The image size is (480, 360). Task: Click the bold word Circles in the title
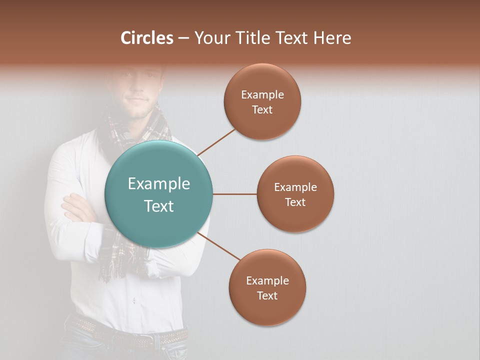pos(147,38)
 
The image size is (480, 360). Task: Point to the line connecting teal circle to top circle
pos(216,142)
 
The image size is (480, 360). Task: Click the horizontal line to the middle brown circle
pos(234,194)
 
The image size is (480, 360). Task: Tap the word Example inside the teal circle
pos(159,183)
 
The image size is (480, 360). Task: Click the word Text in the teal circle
pos(159,206)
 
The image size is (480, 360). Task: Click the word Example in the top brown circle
pos(262,94)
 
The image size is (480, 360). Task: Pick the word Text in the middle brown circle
pos(295,202)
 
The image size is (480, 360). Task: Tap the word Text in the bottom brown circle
pos(267,295)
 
